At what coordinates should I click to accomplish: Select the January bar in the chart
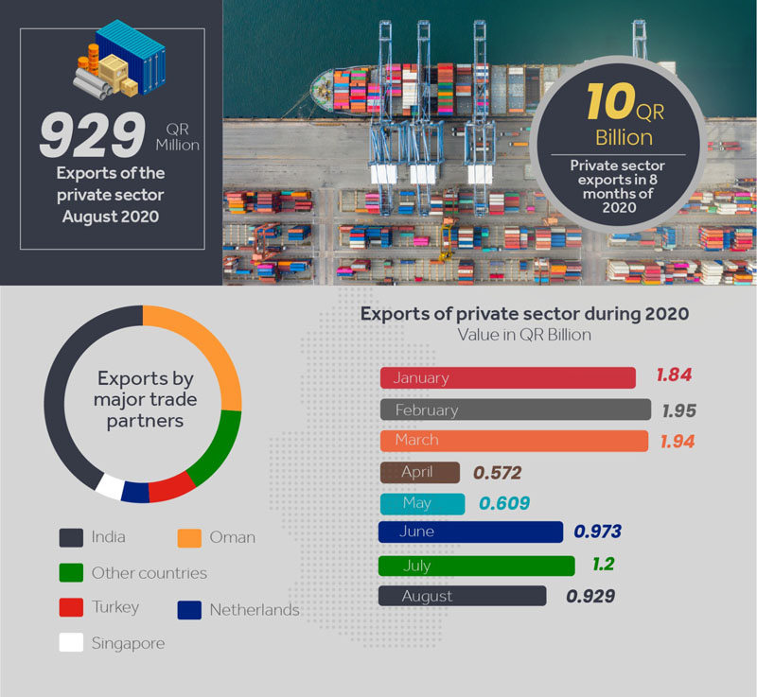point(507,377)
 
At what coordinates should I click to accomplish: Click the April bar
point(419,473)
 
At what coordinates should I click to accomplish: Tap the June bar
point(470,531)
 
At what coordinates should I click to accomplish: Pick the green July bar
point(476,566)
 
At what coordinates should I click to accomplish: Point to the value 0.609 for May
point(503,503)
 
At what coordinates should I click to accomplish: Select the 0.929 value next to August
point(590,596)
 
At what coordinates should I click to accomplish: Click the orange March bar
point(514,441)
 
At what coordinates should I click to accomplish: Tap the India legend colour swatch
point(71,537)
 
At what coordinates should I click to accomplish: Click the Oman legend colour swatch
point(190,537)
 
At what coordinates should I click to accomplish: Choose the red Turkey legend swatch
point(71,607)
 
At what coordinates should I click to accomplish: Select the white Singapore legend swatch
point(71,643)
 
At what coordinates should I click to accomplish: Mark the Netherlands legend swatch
point(190,609)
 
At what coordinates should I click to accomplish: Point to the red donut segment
point(171,488)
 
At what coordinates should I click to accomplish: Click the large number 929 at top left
point(93,136)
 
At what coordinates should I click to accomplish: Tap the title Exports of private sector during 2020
point(524,313)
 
